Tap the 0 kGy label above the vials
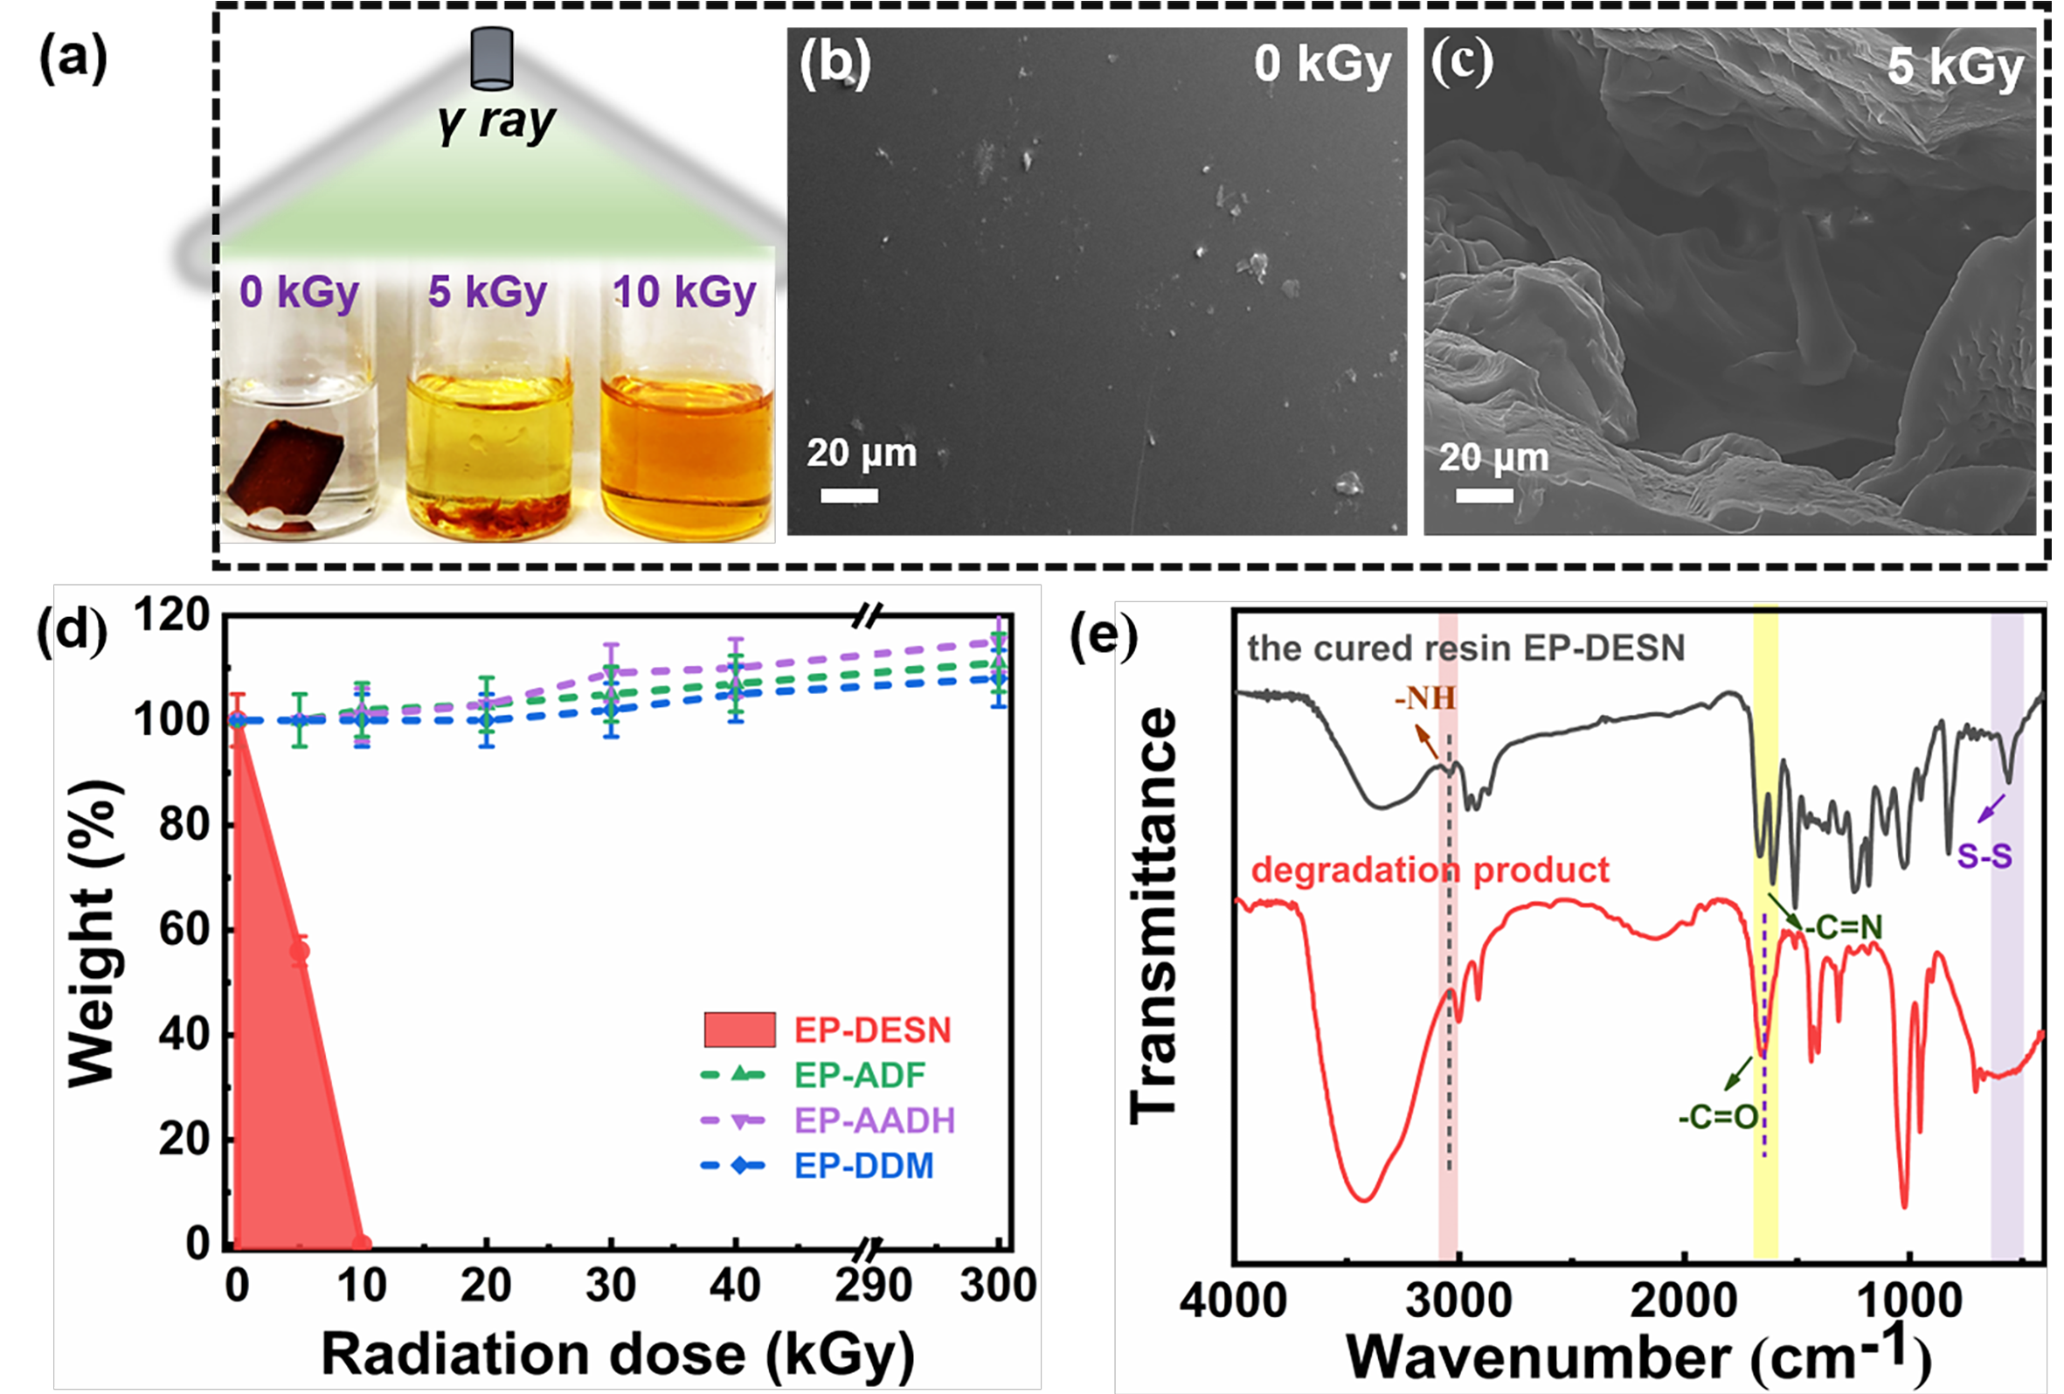(300, 291)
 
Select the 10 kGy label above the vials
(684, 291)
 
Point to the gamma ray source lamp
(491, 59)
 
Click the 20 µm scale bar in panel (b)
(849, 495)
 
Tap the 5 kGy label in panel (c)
(1955, 66)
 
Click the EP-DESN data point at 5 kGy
(301, 952)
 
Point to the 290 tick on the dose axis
(873, 1286)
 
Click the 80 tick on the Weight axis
(184, 825)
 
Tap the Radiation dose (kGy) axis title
(617, 1355)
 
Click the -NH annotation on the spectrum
(1424, 699)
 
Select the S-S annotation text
(1985, 857)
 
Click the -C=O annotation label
(1718, 1118)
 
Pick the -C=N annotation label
(1843, 927)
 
